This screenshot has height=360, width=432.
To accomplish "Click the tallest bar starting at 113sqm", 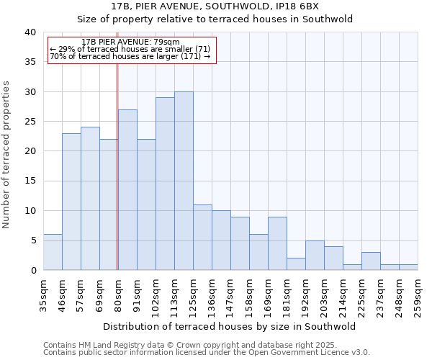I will pos(184,181).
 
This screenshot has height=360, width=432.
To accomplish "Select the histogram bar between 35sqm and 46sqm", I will pos(53,252).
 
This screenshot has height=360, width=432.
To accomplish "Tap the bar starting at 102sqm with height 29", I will pos(165,184).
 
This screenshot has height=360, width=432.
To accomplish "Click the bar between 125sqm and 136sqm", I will pos(202,237).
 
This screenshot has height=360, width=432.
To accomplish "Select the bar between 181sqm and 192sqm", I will pos(296,264).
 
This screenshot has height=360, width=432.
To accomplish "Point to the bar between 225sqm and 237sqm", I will pos(371,261).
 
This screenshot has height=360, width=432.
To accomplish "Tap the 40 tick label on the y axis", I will pos(30,32).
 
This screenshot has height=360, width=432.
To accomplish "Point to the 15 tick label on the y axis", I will pos(30,181).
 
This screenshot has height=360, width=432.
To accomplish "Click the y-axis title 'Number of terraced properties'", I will pos(7,154).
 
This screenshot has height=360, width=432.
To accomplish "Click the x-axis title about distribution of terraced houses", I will pos(230,326).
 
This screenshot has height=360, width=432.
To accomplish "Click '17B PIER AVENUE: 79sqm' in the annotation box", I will pos(131,42).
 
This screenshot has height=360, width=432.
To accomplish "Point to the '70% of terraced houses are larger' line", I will pos(130,56).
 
